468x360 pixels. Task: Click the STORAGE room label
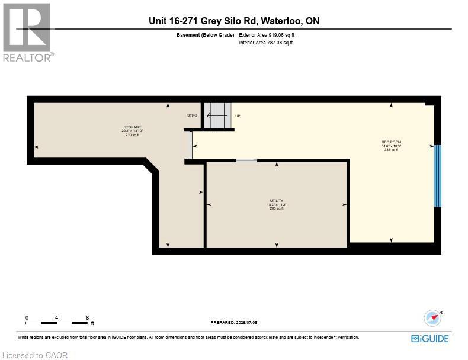(x=133, y=127)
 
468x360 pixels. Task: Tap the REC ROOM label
(x=391, y=142)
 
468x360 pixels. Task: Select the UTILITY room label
(x=277, y=201)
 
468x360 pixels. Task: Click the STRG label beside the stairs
(x=192, y=115)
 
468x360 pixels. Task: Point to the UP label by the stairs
(x=238, y=116)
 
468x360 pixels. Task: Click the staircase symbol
(x=217, y=115)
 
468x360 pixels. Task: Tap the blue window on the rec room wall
(x=438, y=176)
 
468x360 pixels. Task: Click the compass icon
(x=433, y=318)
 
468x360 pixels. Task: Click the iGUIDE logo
(x=429, y=339)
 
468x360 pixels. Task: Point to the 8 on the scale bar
(x=87, y=317)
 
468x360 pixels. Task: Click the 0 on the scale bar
(x=27, y=317)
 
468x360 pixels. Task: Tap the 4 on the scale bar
(x=57, y=317)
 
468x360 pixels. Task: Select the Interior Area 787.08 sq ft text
(x=266, y=43)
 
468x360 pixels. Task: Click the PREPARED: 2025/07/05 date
(x=234, y=322)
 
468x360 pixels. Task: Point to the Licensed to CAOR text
(x=35, y=355)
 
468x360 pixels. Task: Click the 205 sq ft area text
(x=277, y=208)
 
